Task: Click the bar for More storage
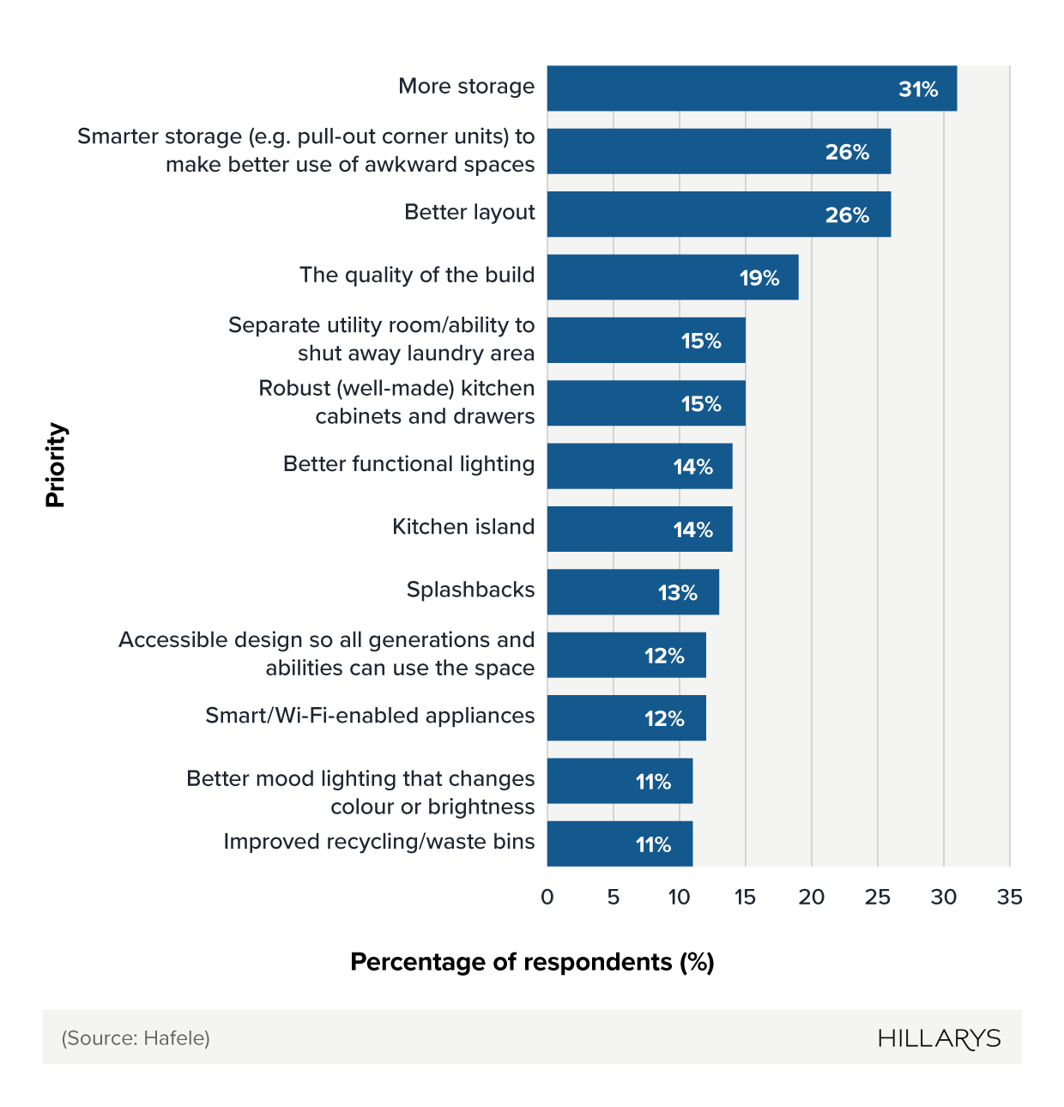coord(751,88)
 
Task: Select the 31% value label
coord(917,89)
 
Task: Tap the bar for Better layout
coord(718,215)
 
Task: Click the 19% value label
coord(759,278)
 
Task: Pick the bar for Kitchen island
coord(639,529)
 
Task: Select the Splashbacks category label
coord(470,590)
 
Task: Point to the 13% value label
coord(677,593)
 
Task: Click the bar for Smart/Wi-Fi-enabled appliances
coord(626,718)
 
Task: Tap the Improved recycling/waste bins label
coord(378,842)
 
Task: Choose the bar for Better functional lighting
coord(639,467)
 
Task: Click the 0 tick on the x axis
coord(547,898)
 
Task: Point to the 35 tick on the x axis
coord(1009,898)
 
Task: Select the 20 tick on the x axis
coord(811,898)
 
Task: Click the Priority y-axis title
coord(56,465)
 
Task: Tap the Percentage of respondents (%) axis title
coord(532,962)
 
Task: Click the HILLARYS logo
coord(939,1038)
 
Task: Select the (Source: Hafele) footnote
coord(136,1038)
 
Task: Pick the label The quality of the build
coord(417,275)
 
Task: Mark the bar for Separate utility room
coord(646,341)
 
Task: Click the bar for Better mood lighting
coord(620,781)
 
